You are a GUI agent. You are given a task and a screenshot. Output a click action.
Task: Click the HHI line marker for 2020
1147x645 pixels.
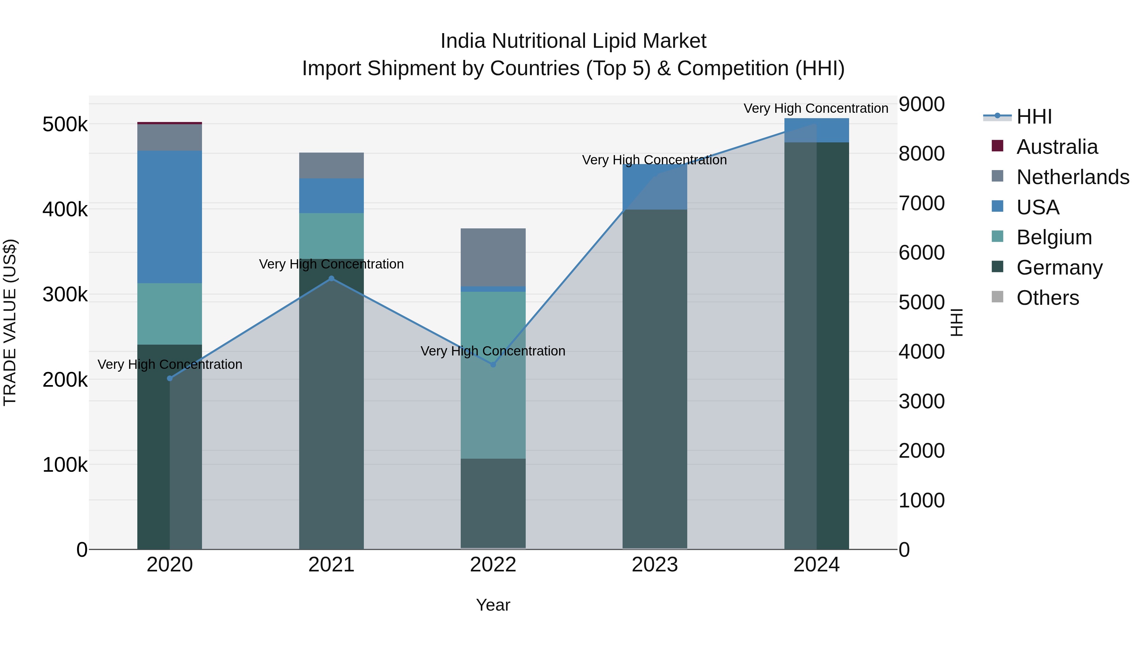point(170,378)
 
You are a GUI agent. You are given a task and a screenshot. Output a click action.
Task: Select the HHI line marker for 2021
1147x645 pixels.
point(331,279)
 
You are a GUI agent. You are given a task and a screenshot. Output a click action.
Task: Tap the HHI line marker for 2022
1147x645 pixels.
point(493,365)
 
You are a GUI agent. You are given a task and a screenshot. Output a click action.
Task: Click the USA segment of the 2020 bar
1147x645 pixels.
point(170,217)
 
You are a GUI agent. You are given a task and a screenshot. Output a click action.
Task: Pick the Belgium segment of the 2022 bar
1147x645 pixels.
point(493,375)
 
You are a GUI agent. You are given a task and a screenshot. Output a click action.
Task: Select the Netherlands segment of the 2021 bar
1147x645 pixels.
point(331,166)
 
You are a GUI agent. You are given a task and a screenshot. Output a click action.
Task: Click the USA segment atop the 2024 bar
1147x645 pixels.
point(817,130)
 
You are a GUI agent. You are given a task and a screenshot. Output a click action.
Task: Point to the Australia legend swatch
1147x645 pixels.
point(997,146)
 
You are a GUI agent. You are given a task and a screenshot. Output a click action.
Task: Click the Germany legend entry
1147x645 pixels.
point(1059,268)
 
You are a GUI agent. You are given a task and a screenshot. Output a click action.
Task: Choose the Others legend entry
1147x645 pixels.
point(1047,298)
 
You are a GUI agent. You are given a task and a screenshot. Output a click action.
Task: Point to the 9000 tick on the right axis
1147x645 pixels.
point(921,104)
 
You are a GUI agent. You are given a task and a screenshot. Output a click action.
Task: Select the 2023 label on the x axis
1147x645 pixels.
point(654,565)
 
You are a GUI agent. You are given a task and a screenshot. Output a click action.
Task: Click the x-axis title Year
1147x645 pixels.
point(493,605)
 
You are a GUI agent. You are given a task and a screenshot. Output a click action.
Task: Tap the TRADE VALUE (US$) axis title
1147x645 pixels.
point(10,322)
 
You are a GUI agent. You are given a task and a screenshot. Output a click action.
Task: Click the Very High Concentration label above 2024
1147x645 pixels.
point(816,108)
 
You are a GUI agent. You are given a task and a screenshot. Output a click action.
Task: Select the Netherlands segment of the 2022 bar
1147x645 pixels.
point(493,257)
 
